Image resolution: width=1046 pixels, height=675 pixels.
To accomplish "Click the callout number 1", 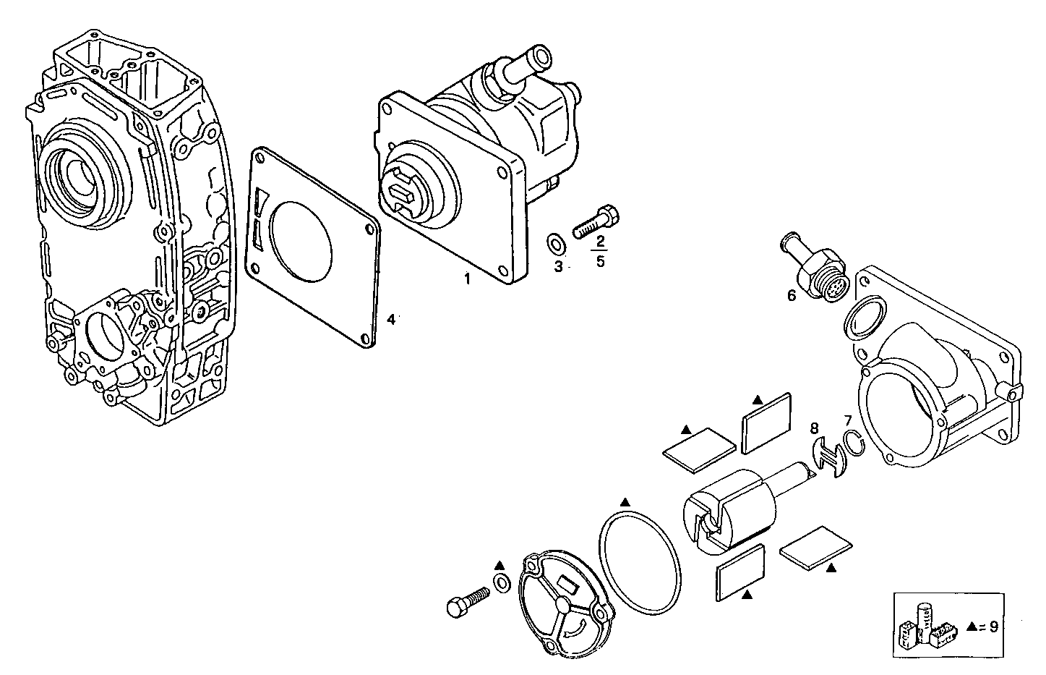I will click(467, 279).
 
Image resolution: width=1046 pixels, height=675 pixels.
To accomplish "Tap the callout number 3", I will click(558, 267).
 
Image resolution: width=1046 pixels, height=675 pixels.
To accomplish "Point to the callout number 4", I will click(390, 319).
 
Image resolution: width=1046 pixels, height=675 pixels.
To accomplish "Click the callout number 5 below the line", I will click(601, 261).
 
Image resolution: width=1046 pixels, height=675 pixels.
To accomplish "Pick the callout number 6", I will click(792, 295).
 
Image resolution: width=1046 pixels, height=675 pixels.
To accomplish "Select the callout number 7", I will click(848, 420).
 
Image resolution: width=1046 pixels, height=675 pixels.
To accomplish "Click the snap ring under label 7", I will click(854, 443).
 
